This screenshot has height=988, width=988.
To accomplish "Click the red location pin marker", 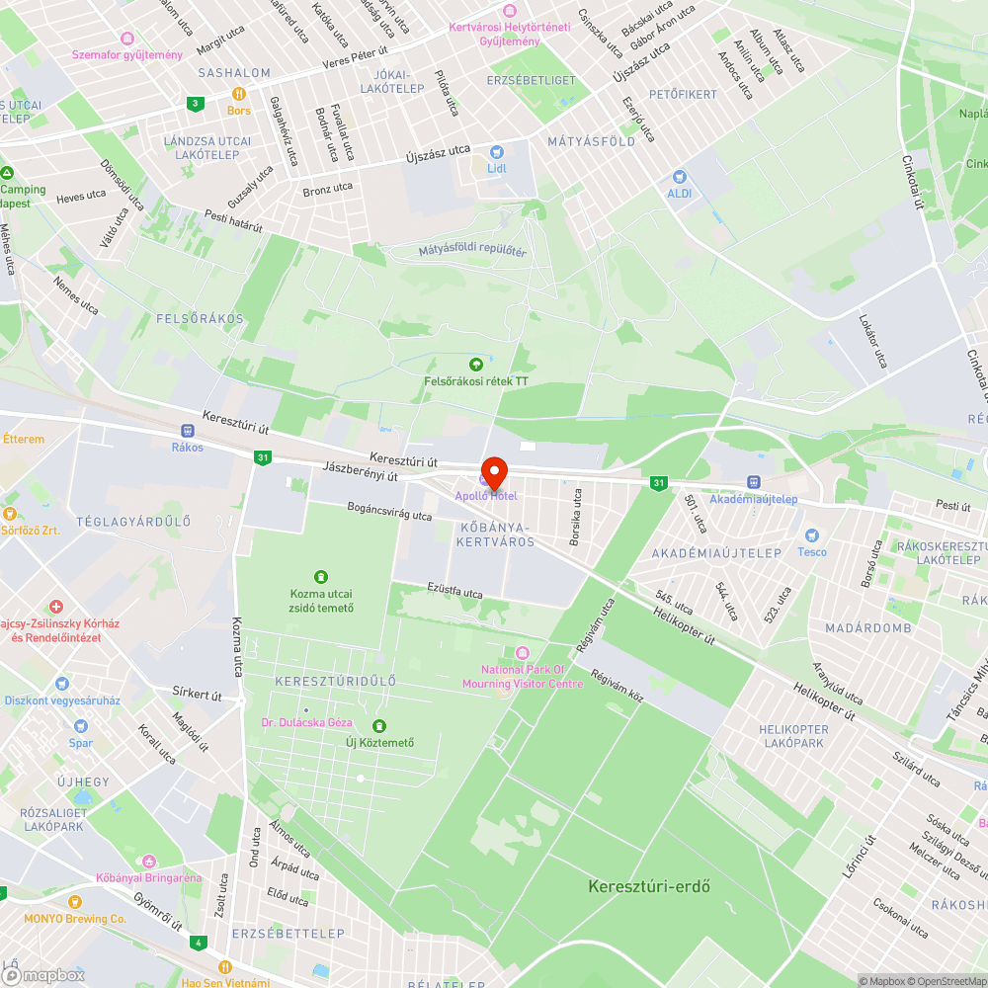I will click(493, 471).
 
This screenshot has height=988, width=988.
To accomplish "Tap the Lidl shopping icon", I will click(496, 152).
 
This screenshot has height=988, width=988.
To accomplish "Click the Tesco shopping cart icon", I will click(812, 535).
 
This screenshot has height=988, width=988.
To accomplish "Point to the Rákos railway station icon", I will click(187, 431).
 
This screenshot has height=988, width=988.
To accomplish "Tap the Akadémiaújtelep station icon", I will click(753, 482).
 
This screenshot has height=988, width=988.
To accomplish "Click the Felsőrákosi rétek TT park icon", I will click(476, 365).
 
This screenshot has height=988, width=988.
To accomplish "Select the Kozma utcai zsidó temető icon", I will click(321, 576).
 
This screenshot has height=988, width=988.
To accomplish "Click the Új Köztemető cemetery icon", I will click(378, 726).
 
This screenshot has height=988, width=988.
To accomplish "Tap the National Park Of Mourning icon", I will click(523, 652).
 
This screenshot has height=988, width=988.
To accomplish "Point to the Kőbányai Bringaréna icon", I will click(148, 862).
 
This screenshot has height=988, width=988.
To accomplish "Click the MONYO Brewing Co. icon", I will click(75, 902).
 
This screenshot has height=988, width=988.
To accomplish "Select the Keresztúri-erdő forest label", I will click(649, 885).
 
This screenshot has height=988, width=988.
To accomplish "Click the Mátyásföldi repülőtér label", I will click(472, 251).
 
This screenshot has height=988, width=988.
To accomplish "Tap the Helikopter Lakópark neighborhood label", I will click(791, 736).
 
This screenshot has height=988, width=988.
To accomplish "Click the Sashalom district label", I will click(234, 73).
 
